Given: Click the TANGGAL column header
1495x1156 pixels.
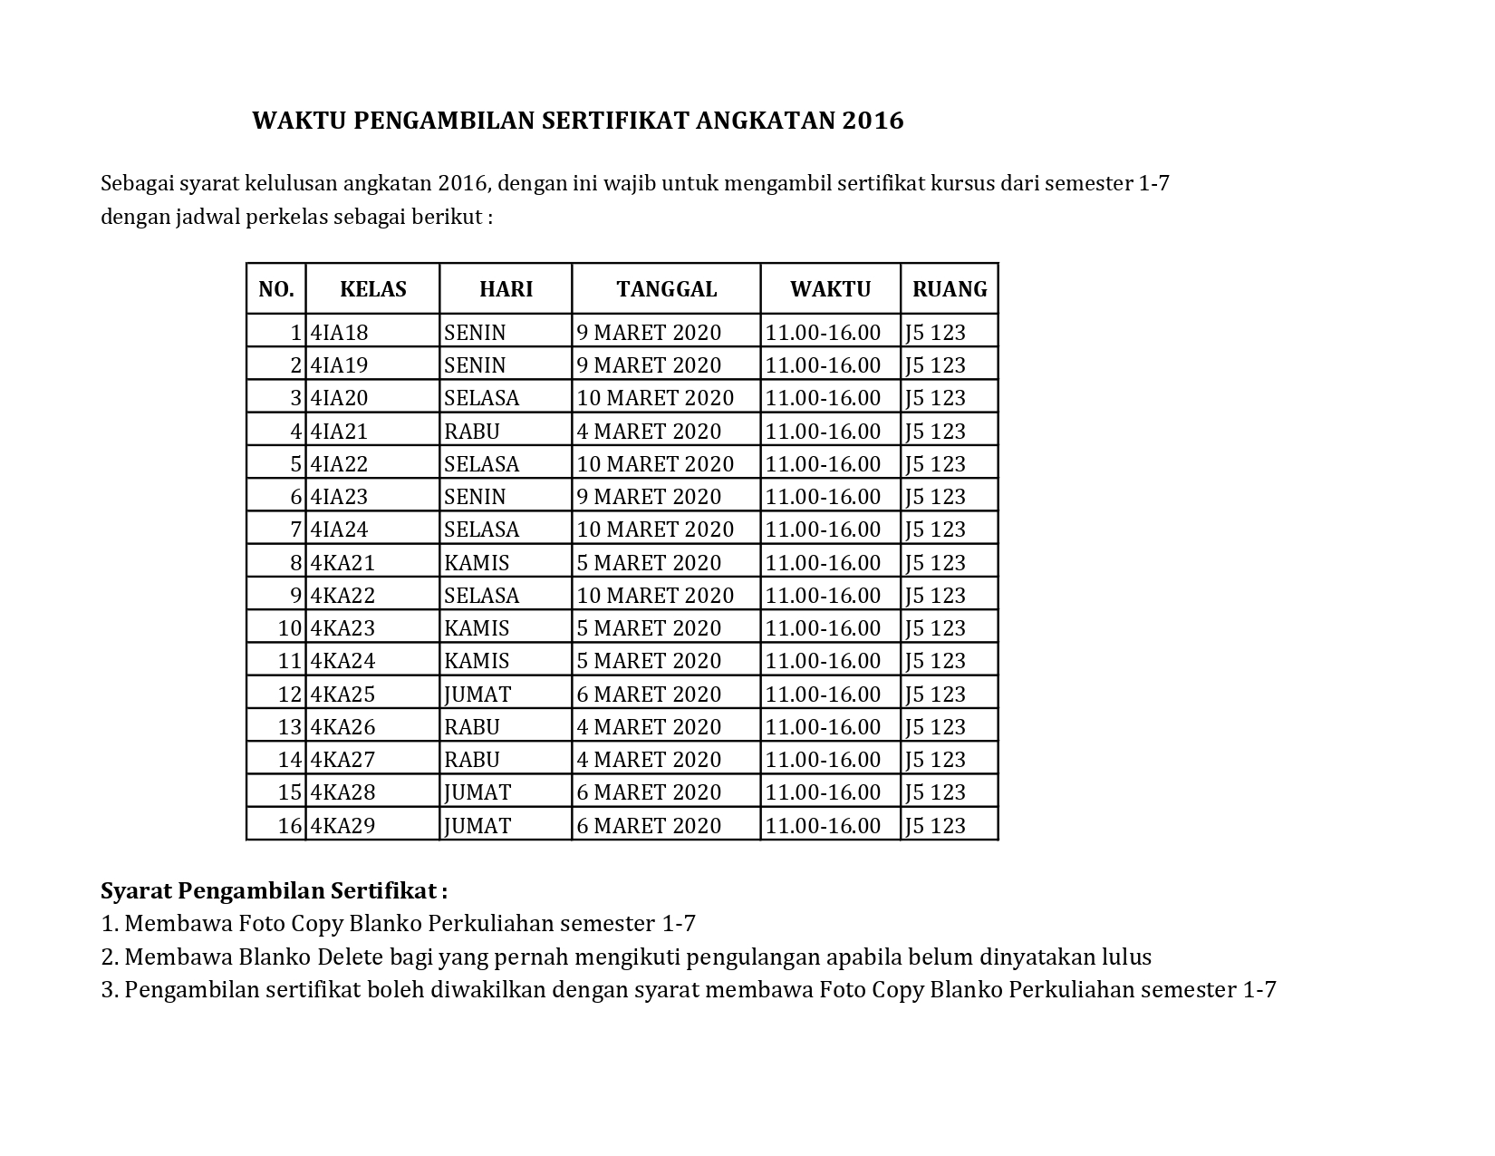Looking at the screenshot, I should tap(666, 289).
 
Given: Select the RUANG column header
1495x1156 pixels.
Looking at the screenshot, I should tap(950, 289).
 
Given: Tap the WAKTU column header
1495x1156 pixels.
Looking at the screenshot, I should tap(830, 289).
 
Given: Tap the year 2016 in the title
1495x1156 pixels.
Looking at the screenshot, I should tap(873, 121).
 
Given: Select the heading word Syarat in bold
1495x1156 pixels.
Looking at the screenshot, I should tap(136, 891).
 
